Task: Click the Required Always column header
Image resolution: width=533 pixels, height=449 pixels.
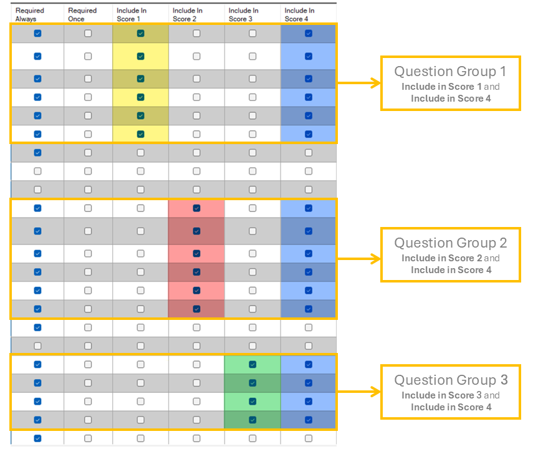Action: coord(29,14)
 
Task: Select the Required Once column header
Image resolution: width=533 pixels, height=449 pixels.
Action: coord(82,14)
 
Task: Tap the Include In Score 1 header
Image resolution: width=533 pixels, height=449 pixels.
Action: coord(132,14)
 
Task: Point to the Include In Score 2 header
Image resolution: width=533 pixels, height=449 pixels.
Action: coord(187,14)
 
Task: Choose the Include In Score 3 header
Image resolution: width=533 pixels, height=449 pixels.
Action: coord(243,14)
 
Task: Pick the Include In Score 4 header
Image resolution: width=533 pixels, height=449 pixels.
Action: coord(299,14)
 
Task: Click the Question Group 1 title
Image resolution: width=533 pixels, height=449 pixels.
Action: coord(450,72)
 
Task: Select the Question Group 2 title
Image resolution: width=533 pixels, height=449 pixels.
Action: coord(451,243)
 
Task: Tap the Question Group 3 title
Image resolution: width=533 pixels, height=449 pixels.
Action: coord(451,380)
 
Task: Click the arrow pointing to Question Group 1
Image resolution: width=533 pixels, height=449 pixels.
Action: coord(358,83)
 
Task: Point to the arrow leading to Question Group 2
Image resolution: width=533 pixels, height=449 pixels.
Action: coord(358,259)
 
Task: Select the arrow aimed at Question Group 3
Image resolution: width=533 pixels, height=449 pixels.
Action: coord(358,392)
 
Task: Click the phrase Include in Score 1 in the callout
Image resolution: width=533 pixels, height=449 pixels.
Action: coord(441,87)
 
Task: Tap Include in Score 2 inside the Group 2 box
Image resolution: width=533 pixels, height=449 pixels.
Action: coord(442,258)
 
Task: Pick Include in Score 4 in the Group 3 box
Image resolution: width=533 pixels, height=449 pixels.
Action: coord(451,407)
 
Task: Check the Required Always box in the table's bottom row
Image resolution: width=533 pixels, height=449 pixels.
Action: coord(38,438)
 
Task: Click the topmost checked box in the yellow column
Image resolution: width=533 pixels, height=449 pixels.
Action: coord(140,33)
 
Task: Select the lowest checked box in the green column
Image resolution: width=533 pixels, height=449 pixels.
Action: coord(252,420)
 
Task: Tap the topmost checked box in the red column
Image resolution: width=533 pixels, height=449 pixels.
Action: coord(196,208)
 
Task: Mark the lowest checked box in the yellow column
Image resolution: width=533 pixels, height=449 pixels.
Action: coord(140,134)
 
